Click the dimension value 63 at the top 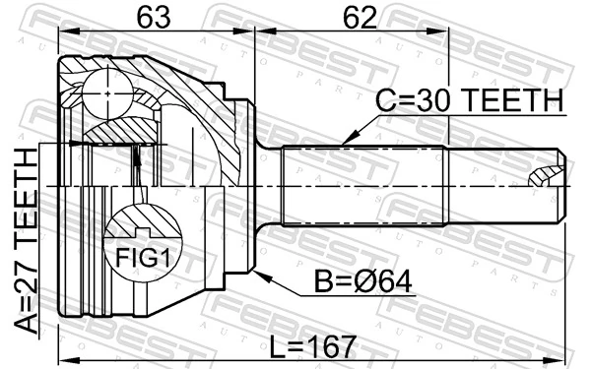point(153,18)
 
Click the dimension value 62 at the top point(360,18)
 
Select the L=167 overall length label point(313,346)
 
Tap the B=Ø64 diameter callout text point(363,281)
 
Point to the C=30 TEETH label point(469,100)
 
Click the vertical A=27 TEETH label point(27,241)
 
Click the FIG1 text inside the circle point(143,258)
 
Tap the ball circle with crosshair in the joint point(107,93)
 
